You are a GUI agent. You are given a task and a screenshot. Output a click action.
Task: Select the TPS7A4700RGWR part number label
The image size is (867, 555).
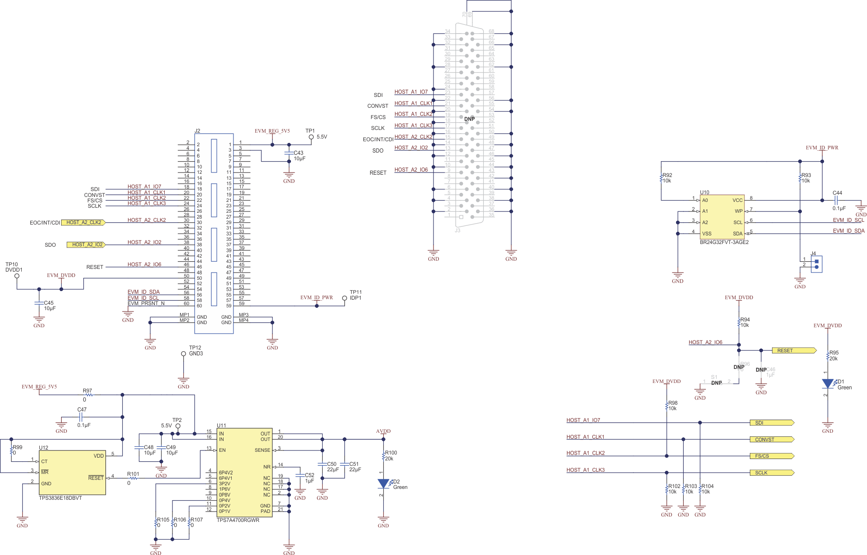click(238, 520)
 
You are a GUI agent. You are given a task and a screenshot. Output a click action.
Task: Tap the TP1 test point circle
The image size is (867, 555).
click(311, 137)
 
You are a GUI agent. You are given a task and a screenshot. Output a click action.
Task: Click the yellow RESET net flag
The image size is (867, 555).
click(793, 350)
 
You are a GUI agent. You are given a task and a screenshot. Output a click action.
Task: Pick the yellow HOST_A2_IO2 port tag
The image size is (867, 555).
click(86, 244)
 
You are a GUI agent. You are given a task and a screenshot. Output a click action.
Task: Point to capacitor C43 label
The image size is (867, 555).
click(298, 153)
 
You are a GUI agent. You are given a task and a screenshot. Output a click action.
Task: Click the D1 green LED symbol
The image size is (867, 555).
click(828, 384)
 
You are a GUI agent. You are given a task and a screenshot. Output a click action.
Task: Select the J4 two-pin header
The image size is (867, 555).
click(816, 264)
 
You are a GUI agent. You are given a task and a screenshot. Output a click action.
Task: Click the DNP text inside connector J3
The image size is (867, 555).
click(469, 119)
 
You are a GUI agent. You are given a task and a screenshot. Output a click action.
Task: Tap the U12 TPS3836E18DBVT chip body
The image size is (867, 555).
click(72, 472)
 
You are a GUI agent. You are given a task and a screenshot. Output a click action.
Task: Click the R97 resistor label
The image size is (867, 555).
click(87, 391)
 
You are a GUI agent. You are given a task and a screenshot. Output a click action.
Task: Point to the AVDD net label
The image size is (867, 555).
click(383, 431)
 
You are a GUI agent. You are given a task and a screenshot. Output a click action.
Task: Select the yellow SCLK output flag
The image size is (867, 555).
click(771, 473)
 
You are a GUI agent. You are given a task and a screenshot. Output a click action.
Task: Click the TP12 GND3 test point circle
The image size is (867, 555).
click(183, 354)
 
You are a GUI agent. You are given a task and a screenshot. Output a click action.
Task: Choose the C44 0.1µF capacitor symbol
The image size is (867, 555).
click(837, 200)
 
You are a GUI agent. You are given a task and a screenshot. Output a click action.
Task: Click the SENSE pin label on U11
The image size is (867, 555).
click(262, 450)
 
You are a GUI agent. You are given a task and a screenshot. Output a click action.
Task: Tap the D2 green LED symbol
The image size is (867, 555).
click(383, 484)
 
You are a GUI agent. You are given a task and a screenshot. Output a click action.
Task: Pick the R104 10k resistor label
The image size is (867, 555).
click(707, 486)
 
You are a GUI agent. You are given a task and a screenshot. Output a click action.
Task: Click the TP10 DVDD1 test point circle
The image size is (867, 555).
click(17, 276)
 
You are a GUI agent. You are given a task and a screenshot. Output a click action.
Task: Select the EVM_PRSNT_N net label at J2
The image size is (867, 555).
click(146, 303)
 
